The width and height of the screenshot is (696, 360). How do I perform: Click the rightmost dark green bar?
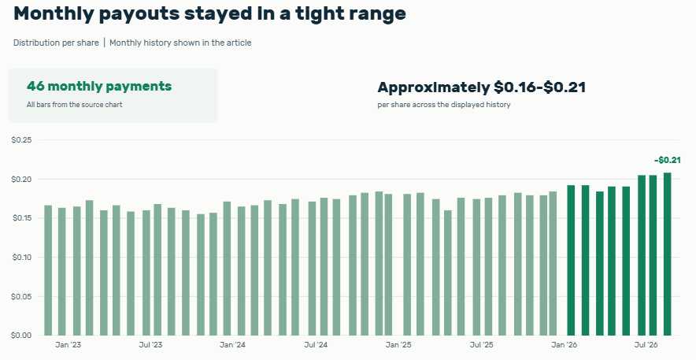pyautogui.click(x=667, y=254)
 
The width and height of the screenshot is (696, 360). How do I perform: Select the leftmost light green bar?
pyautogui.click(x=48, y=270)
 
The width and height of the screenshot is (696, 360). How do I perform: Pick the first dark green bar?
pyautogui.click(x=571, y=260)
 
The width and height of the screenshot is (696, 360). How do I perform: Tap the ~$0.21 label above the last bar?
pyautogui.click(x=667, y=160)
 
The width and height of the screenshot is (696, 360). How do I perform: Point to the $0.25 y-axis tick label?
pyautogui.click(x=21, y=140)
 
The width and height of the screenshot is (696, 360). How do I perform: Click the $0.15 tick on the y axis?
pyautogui.click(x=21, y=218)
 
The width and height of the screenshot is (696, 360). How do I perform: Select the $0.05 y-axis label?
pyautogui.click(x=21, y=296)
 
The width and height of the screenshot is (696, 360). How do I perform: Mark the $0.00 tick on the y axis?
pyautogui.click(x=21, y=336)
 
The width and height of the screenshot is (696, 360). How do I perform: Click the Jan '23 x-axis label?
pyautogui.click(x=68, y=345)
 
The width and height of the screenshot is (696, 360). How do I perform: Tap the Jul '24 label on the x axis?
pyautogui.click(x=316, y=345)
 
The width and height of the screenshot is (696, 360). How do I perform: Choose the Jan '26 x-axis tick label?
pyautogui.click(x=565, y=345)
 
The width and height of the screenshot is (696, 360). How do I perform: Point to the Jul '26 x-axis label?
pyautogui.click(x=646, y=345)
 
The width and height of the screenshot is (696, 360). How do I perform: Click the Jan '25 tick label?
pyautogui.click(x=398, y=345)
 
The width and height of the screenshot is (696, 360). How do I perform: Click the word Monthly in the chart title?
pyautogui.click(x=54, y=13)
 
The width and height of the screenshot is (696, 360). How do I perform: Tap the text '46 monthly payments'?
pyautogui.click(x=99, y=86)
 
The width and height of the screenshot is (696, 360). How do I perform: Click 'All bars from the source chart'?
pyautogui.click(x=75, y=105)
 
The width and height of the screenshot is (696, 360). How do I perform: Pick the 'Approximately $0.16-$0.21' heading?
pyautogui.click(x=482, y=87)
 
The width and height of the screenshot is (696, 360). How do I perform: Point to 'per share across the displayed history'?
pyautogui.click(x=444, y=105)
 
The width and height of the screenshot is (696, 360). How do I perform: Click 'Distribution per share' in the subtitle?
pyautogui.click(x=56, y=43)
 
